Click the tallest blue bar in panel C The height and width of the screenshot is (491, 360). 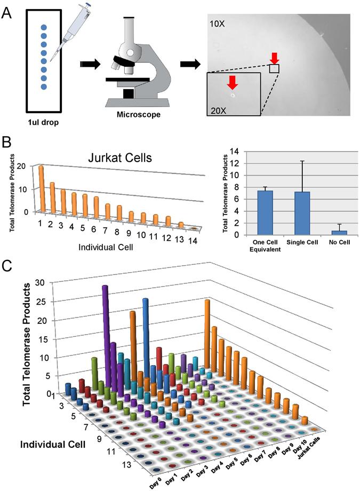click(146, 342)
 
